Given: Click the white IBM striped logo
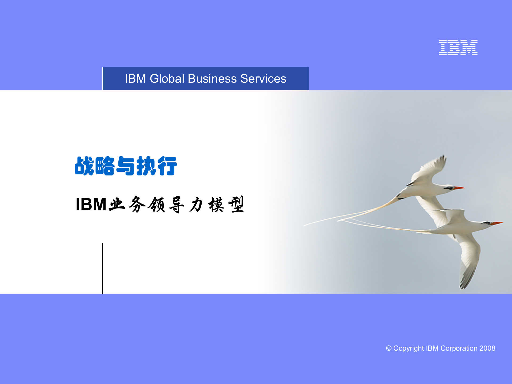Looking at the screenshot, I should pyautogui.click(x=458, y=47).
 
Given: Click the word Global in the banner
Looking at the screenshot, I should pyautogui.click(x=167, y=79).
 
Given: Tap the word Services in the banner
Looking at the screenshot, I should pyautogui.click(x=263, y=79).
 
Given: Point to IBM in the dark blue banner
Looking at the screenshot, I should pyautogui.click(x=135, y=79).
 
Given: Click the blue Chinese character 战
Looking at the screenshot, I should pyautogui.click(x=85, y=166).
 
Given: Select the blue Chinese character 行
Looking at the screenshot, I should pyautogui.click(x=167, y=166).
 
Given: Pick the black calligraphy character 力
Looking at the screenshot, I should pyautogui.click(x=196, y=205).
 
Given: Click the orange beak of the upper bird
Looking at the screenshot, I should pyautogui.click(x=459, y=188).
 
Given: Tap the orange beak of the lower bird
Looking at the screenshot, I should pyautogui.click(x=497, y=223).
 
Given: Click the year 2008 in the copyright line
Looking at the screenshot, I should pyautogui.click(x=487, y=348).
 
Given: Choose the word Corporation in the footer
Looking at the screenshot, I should pyautogui.click(x=459, y=348).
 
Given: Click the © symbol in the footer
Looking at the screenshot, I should pyautogui.click(x=389, y=348).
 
